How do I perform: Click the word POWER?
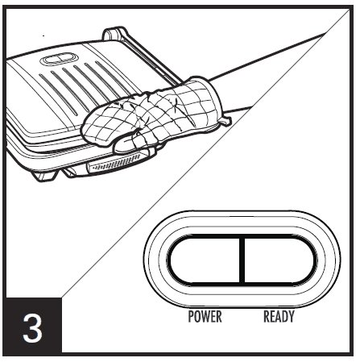tap(205, 316)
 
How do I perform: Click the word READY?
tap(279, 316)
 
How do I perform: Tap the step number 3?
tap(32, 328)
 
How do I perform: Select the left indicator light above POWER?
tap(205, 260)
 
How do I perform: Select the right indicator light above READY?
tap(280, 260)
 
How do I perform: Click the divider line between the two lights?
tap(243, 260)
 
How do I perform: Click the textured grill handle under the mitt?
tap(119, 163)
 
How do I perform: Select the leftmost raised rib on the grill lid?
tap(59, 94)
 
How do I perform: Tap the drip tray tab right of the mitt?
tap(227, 121)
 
